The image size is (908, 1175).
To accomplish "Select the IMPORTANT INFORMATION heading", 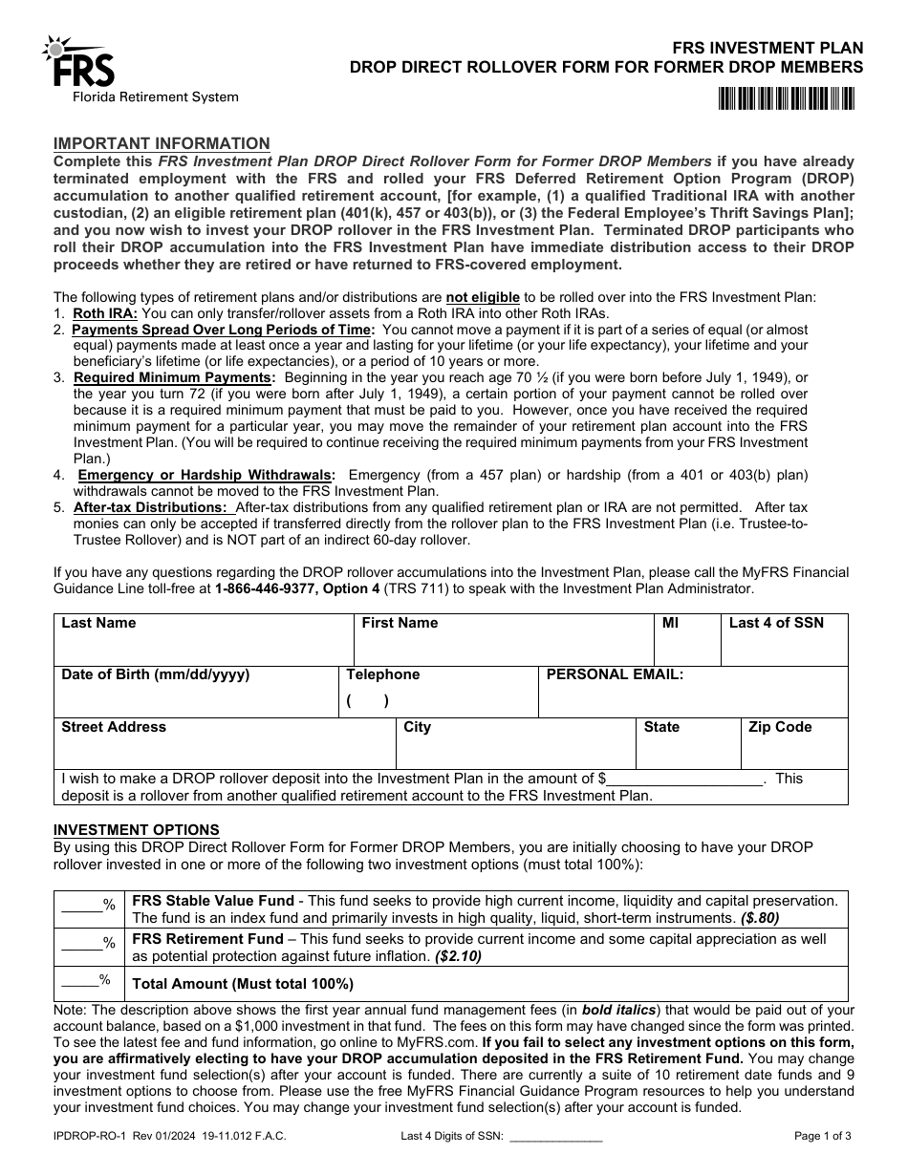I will [x=162, y=143].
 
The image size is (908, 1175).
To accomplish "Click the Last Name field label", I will [x=99, y=623].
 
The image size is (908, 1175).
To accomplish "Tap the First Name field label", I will [x=400, y=623].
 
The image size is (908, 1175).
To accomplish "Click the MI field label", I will [x=670, y=623].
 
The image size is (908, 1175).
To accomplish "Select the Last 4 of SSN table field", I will [x=785, y=640].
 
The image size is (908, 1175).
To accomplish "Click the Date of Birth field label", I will [x=156, y=674].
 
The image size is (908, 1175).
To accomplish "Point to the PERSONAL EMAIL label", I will [x=615, y=674].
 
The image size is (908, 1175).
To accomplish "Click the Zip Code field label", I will [x=780, y=727].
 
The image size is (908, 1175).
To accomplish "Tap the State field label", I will [x=661, y=727].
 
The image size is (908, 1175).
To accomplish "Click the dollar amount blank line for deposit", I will [x=685, y=780].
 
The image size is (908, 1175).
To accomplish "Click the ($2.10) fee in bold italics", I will [x=459, y=955].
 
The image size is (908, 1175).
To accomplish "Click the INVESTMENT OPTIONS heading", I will [x=136, y=830].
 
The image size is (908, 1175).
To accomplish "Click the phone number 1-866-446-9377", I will [x=263, y=589].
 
